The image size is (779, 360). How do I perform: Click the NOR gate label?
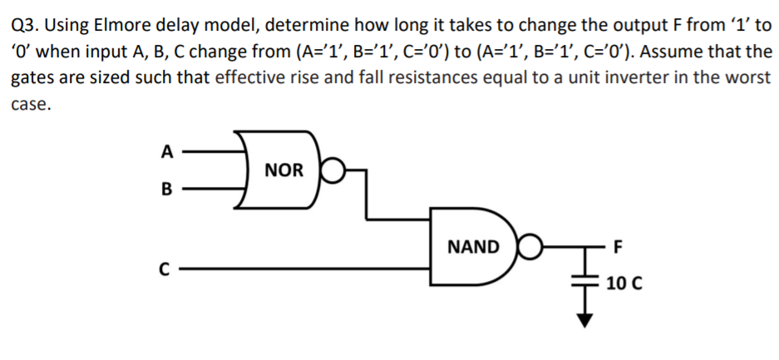click(x=283, y=170)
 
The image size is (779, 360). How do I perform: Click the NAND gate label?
click(x=473, y=247)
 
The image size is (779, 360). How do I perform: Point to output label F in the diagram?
click(x=615, y=247)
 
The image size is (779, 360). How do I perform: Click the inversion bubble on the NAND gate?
click(x=525, y=248)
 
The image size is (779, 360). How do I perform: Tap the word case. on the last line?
click(x=31, y=106)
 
